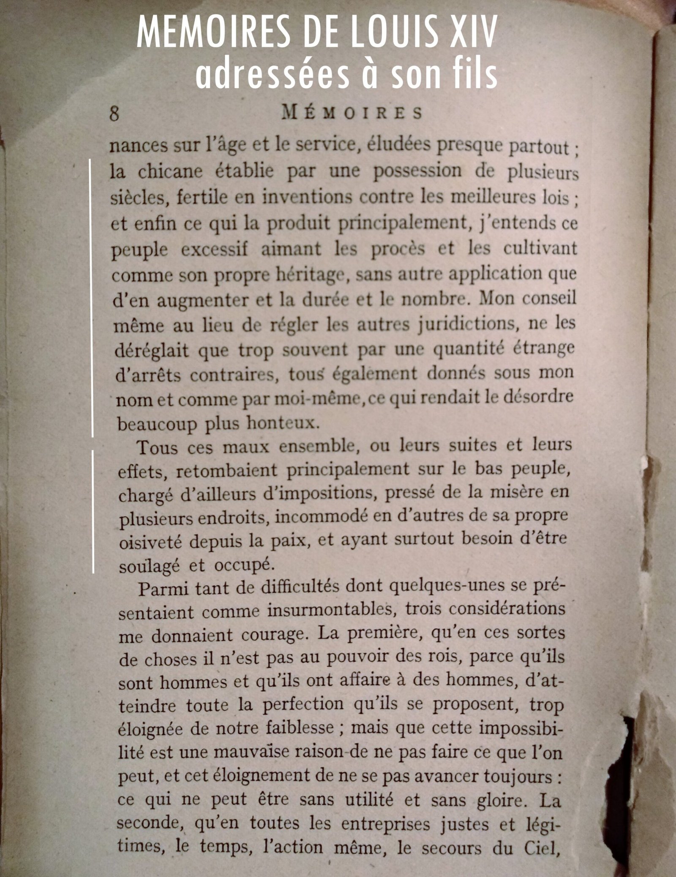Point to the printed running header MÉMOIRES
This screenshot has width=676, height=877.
pos(352,113)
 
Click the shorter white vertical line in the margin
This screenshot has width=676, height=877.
pos(93,511)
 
